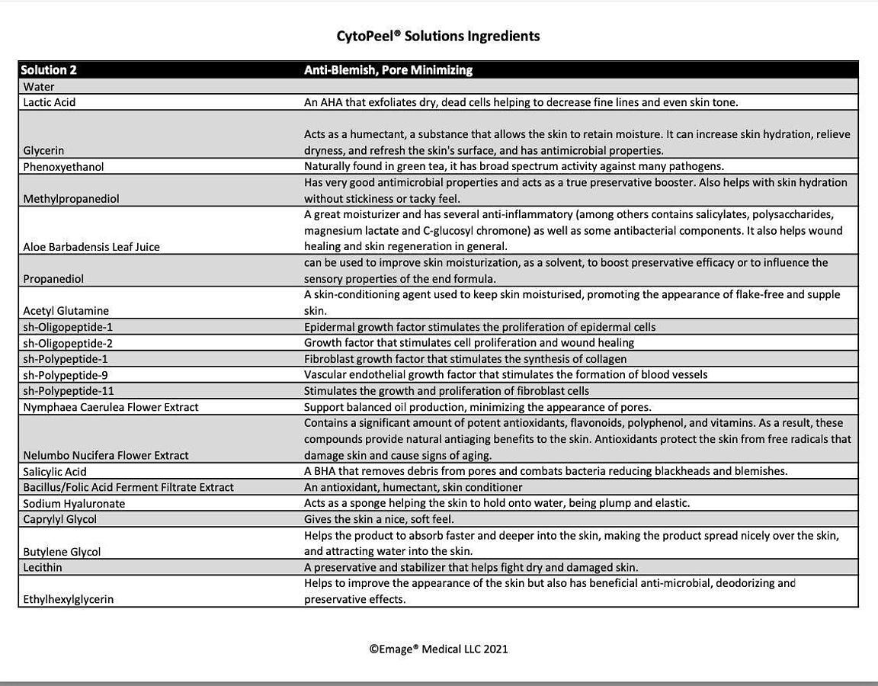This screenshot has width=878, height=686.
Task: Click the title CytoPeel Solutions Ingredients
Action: pyautogui.click(x=438, y=36)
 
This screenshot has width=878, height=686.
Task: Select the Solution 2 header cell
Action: pyautogui.click(x=49, y=70)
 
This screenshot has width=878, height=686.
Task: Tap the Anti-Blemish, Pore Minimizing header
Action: pyautogui.click(x=388, y=70)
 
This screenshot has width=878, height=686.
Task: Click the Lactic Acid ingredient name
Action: pyautogui.click(x=50, y=102)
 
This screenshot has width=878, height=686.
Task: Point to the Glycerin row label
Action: pyautogui.click(x=43, y=151)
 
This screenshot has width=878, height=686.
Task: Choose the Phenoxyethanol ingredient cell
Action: pyautogui.click(x=63, y=167)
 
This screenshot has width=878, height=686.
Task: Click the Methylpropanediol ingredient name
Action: pyautogui.click(x=71, y=199)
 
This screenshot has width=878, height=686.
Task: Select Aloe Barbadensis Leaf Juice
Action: pyautogui.click(x=91, y=247)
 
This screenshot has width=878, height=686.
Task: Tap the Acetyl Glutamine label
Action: pyautogui.click(x=66, y=311)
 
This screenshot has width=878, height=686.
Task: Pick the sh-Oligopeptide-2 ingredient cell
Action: pyautogui.click(x=68, y=343)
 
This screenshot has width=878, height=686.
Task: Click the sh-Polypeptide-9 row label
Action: pyautogui.click(x=66, y=375)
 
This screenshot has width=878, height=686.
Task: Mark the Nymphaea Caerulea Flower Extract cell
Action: pyautogui.click(x=111, y=407)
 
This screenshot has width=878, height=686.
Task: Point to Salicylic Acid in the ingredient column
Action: pyautogui.click(x=55, y=472)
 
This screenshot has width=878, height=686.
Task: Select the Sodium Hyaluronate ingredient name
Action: pyautogui.click(x=74, y=504)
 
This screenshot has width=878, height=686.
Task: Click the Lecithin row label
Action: pyautogui.click(x=43, y=568)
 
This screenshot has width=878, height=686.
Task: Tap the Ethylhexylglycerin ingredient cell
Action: pyautogui.click(x=69, y=600)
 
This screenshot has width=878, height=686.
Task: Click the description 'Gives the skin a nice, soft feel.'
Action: pyautogui.click(x=379, y=519)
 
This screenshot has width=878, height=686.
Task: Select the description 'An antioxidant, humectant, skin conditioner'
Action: pyautogui.click(x=413, y=487)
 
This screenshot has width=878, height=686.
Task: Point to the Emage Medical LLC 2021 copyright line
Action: pyautogui.click(x=438, y=649)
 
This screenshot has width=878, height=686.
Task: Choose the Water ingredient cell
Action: pyautogui.click(x=39, y=87)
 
